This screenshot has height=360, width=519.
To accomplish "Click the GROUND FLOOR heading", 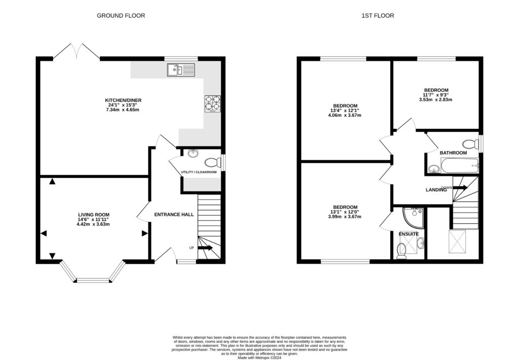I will [121, 16].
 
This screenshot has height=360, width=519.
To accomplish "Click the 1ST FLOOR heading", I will [378, 16].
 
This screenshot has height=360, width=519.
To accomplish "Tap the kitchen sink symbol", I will [181, 70].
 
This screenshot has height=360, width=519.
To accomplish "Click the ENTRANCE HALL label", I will [174, 214].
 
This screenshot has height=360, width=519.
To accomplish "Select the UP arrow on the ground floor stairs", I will [205, 248].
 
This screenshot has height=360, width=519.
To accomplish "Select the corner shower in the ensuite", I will [413, 217].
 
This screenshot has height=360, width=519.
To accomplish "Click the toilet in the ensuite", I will [401, 250].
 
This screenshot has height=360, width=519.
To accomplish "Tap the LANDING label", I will [435, 190].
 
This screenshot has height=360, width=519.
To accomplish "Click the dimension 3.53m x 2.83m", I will [435, 99].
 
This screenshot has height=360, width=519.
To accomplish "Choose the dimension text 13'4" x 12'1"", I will [345, 110].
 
